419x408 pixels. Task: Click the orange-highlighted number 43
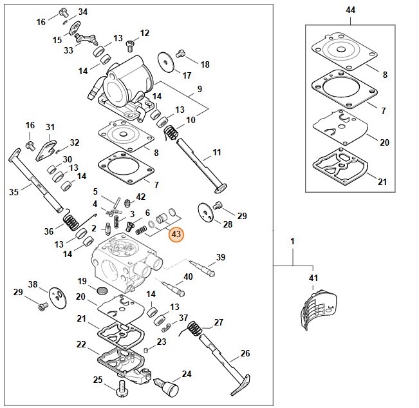[176, 235]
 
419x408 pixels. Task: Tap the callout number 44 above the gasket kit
[350, 11]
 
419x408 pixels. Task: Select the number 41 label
[313, 278]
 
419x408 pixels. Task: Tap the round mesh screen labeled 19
[100, 291]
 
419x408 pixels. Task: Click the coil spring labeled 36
[73, 223]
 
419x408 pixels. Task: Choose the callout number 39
[221, 257]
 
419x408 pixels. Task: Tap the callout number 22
[81, 345]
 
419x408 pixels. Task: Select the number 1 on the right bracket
[292, 241]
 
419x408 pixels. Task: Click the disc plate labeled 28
[205, 212]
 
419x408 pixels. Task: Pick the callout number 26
[245, 353]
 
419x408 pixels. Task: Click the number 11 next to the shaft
[216, 153]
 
